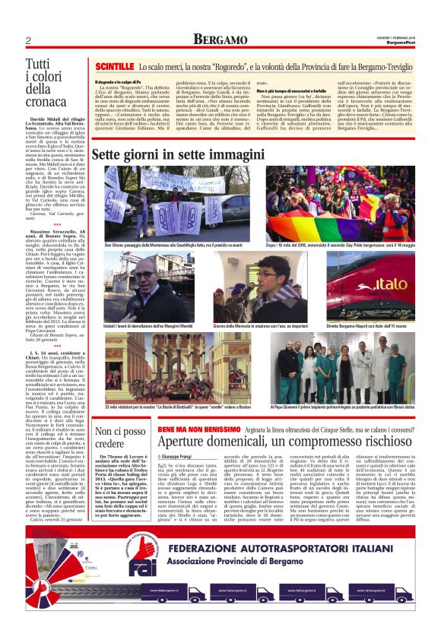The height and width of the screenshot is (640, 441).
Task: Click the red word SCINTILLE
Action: [x=114, y=67]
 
